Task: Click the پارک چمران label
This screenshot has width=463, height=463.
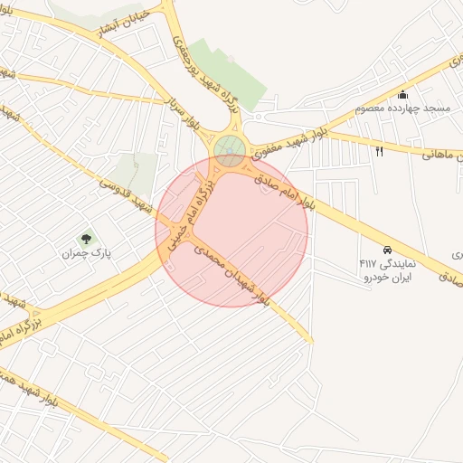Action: coord(86,255)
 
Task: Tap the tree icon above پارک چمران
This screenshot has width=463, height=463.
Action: coord(87,240)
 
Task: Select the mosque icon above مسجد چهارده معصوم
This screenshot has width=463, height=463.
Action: coord(402,94)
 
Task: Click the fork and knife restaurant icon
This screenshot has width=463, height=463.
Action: coord(379,152)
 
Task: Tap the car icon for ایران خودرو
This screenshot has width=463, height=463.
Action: coord(387,249)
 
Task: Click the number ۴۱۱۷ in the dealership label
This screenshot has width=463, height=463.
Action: coord(367,263)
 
